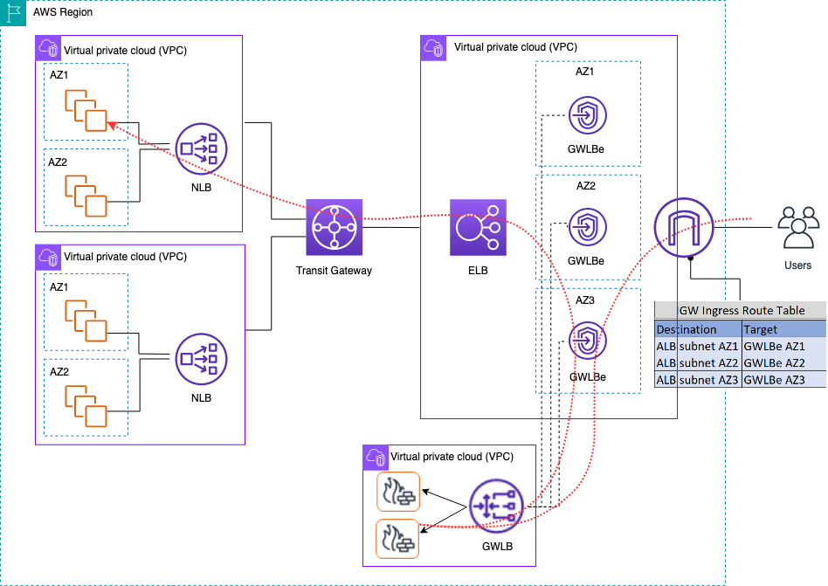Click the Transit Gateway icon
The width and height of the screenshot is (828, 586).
pyautogui.click(x=333, y=228)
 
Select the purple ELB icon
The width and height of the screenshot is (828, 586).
pyautogui.click(x=478, y=228)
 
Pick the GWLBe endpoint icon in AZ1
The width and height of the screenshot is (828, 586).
pyautogui.click(x=587, y=114)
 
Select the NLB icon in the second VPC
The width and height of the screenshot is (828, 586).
pyautogui.click(x=202, y=358)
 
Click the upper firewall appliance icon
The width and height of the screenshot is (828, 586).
pyautogui.click(x=398, y=493)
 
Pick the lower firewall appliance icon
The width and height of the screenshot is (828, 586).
pyautogui.click(x=398, y=538)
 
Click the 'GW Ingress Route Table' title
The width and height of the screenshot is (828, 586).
pyautogui.click(x=742, y=311)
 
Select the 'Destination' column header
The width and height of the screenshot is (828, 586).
pyautogui.click(x=687, y=329)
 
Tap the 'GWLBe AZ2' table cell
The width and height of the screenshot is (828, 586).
pyautogui.click(x=776, y=362)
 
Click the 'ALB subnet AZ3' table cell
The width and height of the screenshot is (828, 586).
pyautogui.click(x=697, y=379)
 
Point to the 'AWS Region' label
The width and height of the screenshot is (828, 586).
pyautogui.click(x=63, y=12)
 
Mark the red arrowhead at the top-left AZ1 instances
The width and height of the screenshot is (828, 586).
pyautogui.click(x=111, y=126)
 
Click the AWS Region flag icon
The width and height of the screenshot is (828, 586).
pyautogui.click(x=14, y=13)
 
